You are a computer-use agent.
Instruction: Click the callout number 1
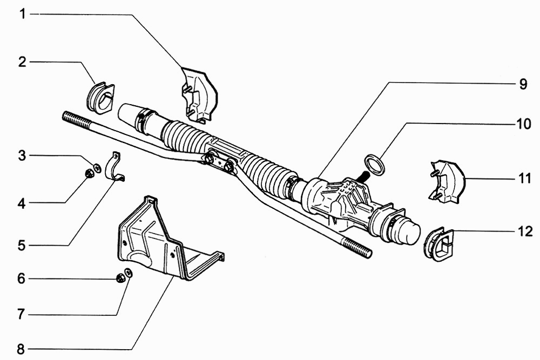[23, 15]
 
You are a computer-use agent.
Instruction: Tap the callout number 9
[523, 84]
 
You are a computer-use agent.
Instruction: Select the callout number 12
[525, 232]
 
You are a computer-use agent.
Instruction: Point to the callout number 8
[22, 349]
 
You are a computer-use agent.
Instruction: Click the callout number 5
[22, 246]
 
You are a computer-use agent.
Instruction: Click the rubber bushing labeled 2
[100, 97]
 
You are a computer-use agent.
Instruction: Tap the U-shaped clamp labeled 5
[114, 167]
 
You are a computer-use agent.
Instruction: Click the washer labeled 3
[97, 168]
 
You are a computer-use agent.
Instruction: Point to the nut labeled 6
[120, 278]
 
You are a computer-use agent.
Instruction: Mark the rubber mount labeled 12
[438, 244]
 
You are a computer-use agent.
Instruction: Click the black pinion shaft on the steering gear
[363, 176]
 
